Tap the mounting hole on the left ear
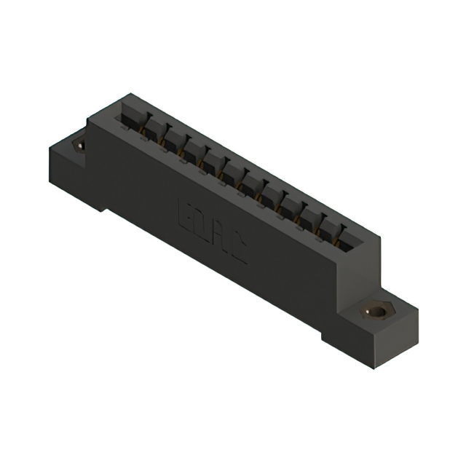coord(80,145)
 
